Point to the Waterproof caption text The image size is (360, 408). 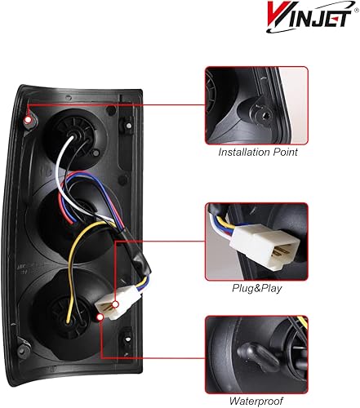[255, 401]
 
